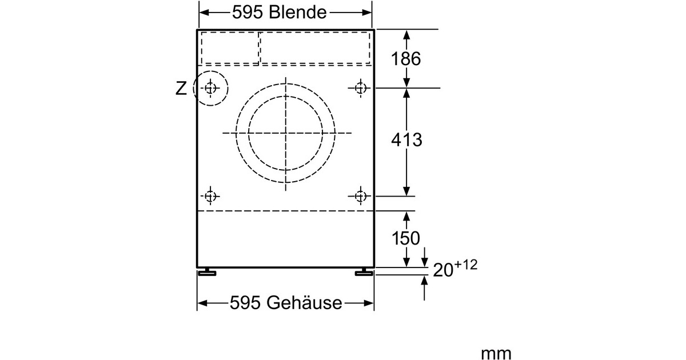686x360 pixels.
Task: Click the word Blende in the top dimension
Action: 298,13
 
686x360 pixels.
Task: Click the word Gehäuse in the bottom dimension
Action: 304,303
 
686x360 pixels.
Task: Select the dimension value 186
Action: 406,58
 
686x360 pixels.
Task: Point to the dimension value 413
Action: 406,139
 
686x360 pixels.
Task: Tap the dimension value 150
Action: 406,238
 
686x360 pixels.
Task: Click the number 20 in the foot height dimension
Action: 443,270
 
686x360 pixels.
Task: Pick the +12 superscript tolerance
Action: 466,265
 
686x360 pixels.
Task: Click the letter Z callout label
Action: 181,89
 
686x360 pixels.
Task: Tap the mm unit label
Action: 496,353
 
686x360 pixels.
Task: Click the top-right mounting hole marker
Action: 360,88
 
